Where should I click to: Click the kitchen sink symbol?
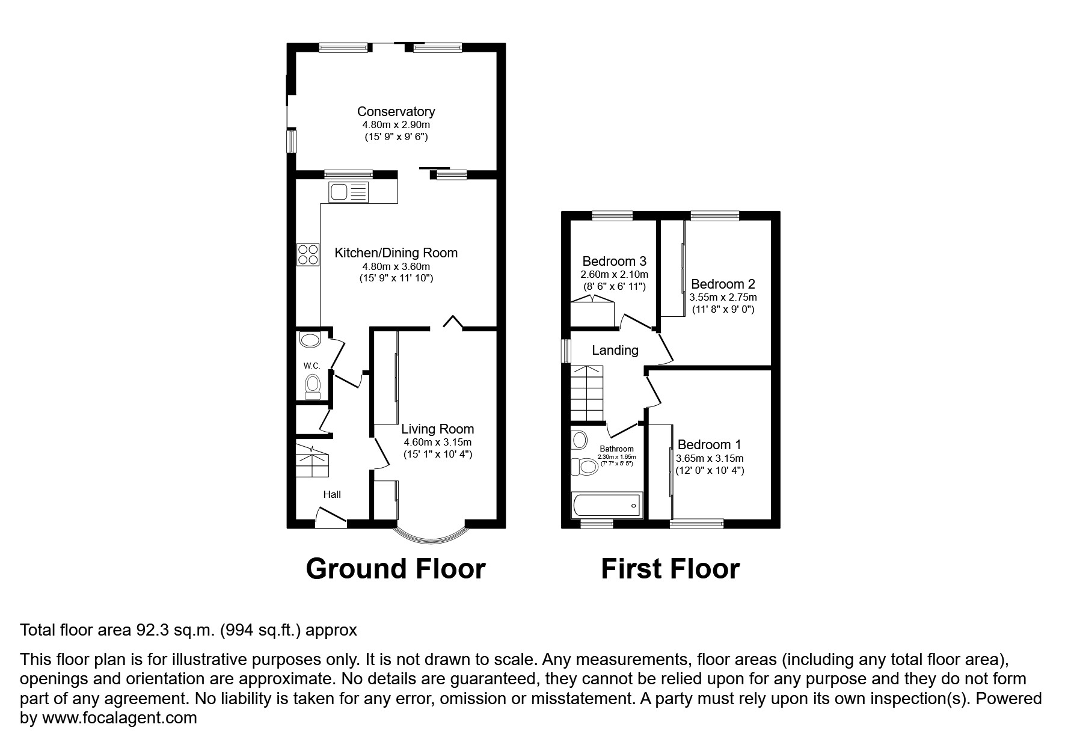tap(349, 192)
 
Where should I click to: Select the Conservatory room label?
tap(396, 111)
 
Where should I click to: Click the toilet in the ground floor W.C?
tap(313, 385)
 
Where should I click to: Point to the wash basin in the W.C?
tap(311, 340)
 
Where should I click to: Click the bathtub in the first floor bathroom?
tap(606, 505)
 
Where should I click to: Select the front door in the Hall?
tap(331, 518)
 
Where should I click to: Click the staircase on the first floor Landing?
tap(586, 393)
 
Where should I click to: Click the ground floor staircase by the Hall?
tap(312, 461)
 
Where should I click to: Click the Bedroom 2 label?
tap(723, 284)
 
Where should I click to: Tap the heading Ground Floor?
tap(395, 569)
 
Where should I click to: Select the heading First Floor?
tap(670, 569)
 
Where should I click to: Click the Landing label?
tap(615, 350)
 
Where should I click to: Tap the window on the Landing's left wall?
tap(565, 351)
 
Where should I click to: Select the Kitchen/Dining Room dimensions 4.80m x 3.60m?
tap(396, 266)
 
